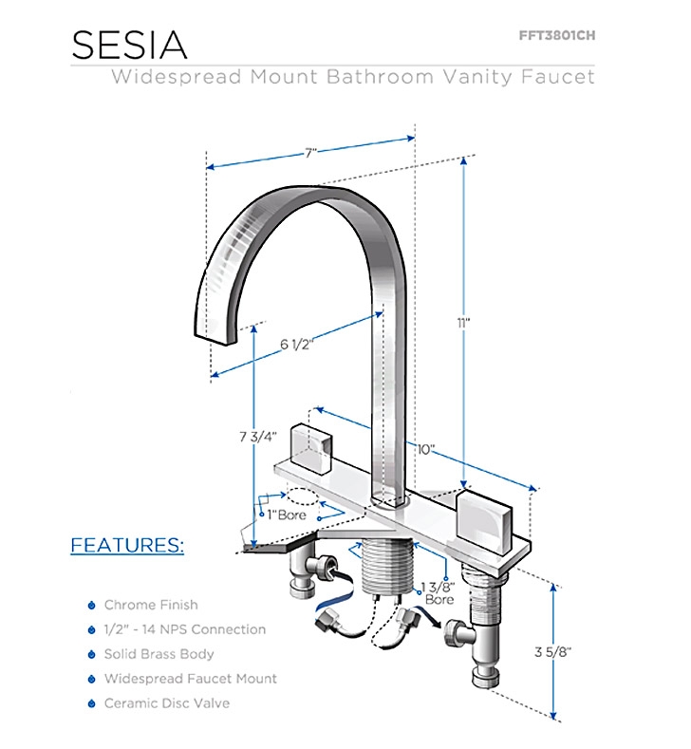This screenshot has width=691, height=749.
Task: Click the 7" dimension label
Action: pos(311,152)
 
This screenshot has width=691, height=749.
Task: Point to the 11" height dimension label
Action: pos(464,323)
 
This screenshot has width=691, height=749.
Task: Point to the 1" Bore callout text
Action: pos(286,515)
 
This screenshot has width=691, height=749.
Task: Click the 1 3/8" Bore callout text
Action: pos(439,593)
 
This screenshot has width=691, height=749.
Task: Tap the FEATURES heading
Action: pos(127,546)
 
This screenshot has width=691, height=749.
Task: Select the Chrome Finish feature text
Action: pos(151,605)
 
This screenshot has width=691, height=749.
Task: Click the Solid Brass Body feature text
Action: pos(159,654)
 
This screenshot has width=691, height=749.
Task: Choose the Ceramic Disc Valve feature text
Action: pos(167,703)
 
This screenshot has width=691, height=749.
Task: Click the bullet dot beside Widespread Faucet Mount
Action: pos(91,679)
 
